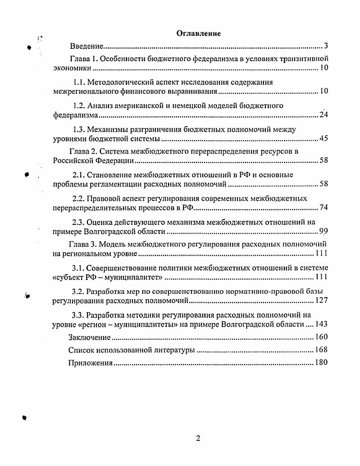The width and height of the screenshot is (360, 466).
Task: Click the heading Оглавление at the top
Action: tap(198, 33)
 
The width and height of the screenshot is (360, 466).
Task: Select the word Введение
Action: tap(87, 46)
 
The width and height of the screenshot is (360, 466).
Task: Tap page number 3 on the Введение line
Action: tap(326, 46)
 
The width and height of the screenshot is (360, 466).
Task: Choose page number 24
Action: tap(323, 115)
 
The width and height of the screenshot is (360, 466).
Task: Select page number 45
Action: tap(323, 138)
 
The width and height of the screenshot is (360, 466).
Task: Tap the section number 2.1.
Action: tap(79, 174)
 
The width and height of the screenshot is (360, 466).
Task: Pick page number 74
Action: tap(323, 207)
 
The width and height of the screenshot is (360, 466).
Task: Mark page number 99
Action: tap(323, 231)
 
